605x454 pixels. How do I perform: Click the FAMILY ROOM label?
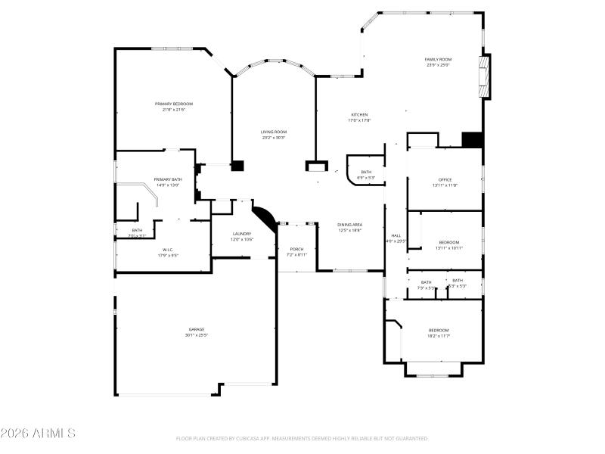click(x=438, y=58)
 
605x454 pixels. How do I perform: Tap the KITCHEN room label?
click(x=358, y=114)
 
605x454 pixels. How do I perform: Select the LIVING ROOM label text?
click(x=274, y=132)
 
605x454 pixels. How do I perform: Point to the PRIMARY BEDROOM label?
click(x=174, y=104)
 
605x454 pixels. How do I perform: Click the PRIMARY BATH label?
click(x=167, y=179)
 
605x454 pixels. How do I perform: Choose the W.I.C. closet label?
click(x=168, y=249)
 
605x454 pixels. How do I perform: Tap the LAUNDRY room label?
click(x=242, y=234)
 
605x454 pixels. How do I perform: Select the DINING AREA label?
click(x=349, y=225)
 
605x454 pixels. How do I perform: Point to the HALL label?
click(x=396, y=235)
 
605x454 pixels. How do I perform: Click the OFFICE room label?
click(x=445, y=179)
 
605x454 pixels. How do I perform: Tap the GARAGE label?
click(x=197, y=329)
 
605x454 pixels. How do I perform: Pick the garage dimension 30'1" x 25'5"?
click(x=197, y=334)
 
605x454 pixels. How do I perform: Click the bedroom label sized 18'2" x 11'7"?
click(x=439, y=330)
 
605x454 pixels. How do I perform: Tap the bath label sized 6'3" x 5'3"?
click(x=366, y=172)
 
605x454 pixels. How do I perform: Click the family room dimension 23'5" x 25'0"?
click(x=438, y=64)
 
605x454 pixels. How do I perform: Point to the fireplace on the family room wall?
click(x=486, y=76)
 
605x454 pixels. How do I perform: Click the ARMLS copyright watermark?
click(x=38, y=434)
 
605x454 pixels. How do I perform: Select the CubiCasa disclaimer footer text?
click(x=302, y=438)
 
